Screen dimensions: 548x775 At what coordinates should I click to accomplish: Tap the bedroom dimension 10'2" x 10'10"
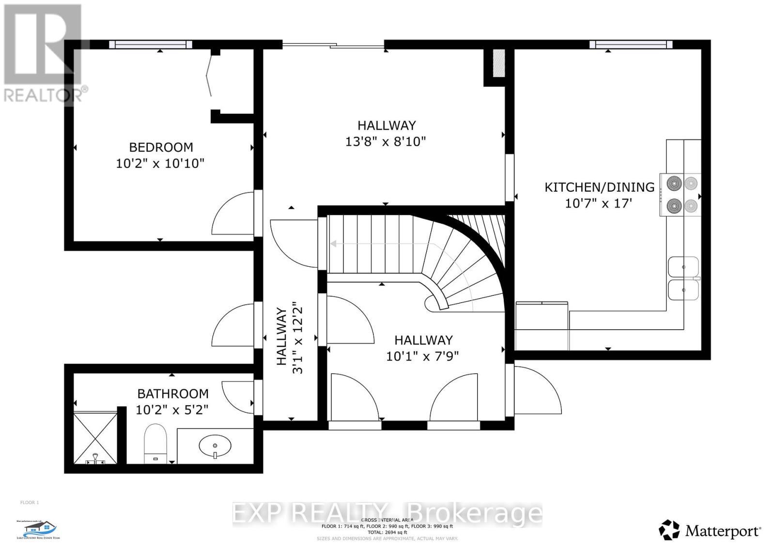click(x=160, y=163)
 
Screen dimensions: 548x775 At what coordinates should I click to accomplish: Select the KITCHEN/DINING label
click(x=599, y=187)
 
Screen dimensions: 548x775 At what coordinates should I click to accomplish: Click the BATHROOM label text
click(x=173, y=394)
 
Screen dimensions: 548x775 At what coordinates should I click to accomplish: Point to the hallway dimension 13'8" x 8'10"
click(x=386, y=142)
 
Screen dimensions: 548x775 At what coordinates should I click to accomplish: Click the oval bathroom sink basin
click(x=215, y=444)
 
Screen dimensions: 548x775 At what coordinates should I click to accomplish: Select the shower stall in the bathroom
click(x=95, y=437)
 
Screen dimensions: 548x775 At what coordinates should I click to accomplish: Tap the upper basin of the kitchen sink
click(x=683, y=267)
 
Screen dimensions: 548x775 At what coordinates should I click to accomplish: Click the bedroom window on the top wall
click(x=151, y=45)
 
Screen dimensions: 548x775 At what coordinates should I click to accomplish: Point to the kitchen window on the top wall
click(x=631, y=45)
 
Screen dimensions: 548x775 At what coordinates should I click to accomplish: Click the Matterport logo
click(x=710, y=531)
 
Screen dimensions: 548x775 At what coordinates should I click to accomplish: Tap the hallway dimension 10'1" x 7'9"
click(x=422, y=356)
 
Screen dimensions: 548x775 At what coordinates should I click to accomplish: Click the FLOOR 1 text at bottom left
click(x=30, y=502)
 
